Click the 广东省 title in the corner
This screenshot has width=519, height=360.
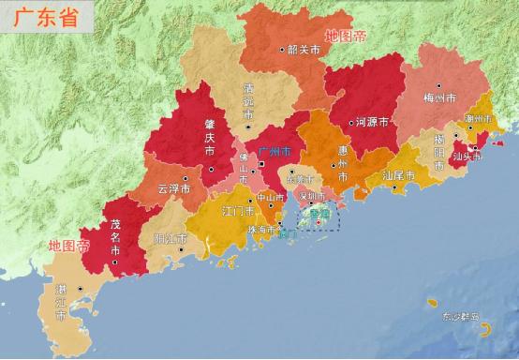click(x=45, y=18)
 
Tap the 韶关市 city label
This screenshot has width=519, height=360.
click(x=304, y=49)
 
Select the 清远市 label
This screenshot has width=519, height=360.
click(x=247, y=95)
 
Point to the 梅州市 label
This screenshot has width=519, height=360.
click(x=439, y=97)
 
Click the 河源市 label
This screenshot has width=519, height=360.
click(x=374, y=122)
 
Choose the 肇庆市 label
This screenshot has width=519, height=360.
click(x=209, y=136)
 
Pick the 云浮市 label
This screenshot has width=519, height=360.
click(x=173, y=187)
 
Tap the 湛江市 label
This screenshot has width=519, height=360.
click(x=61, y=303)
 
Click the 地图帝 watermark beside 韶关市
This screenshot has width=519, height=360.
click(x=346, y=37)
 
